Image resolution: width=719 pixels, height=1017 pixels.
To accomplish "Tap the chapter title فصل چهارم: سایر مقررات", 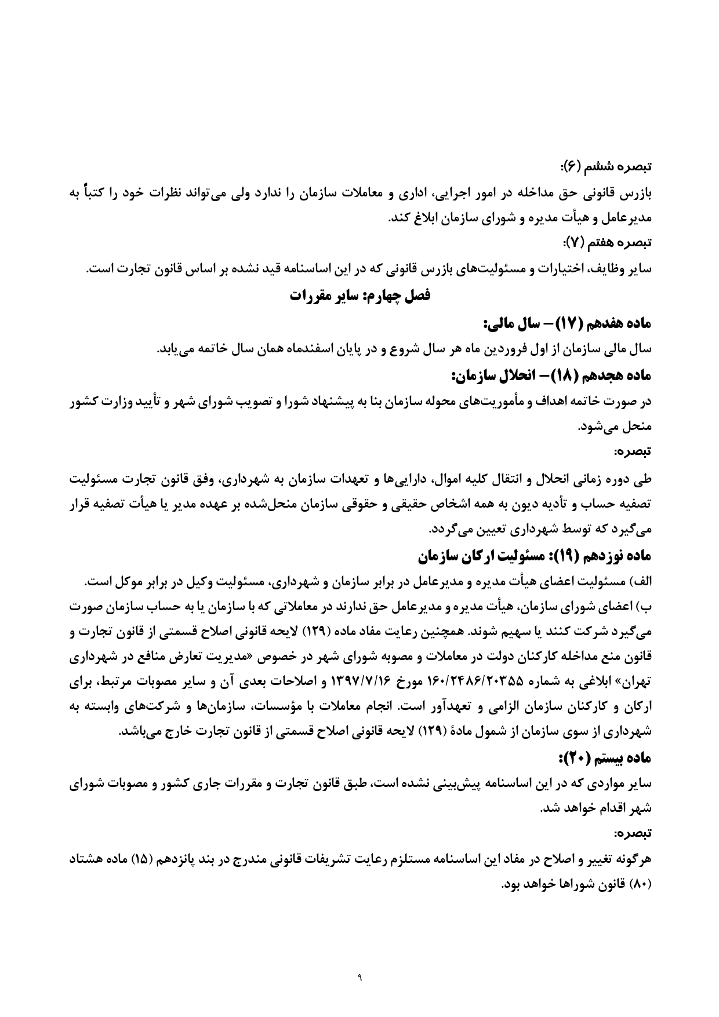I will pos(359,296).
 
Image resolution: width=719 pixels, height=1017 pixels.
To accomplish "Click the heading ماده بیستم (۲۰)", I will pos(606,757).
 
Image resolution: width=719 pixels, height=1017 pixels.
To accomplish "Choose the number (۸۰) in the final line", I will pos(640,885).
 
